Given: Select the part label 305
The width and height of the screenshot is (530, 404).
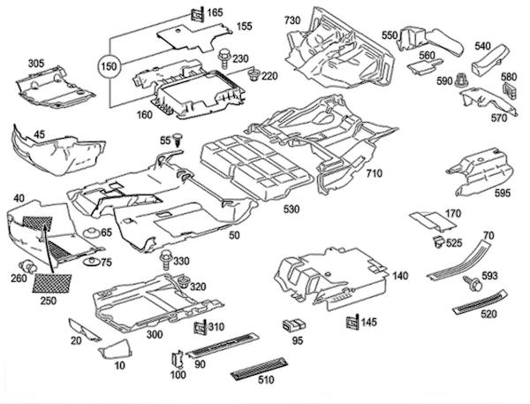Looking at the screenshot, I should pos(36,64).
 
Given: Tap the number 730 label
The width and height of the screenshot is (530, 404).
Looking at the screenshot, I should pos(292,20).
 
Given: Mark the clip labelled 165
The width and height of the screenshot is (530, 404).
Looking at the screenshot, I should pos(195,14).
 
